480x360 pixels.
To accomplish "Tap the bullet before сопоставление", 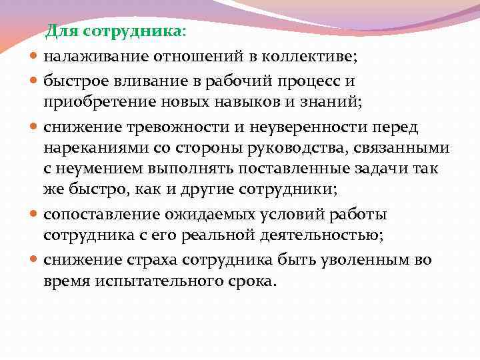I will pyautogui.click(x=34, y=215).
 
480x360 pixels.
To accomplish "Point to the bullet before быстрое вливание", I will pyautogui.click(x=34, y=82).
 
